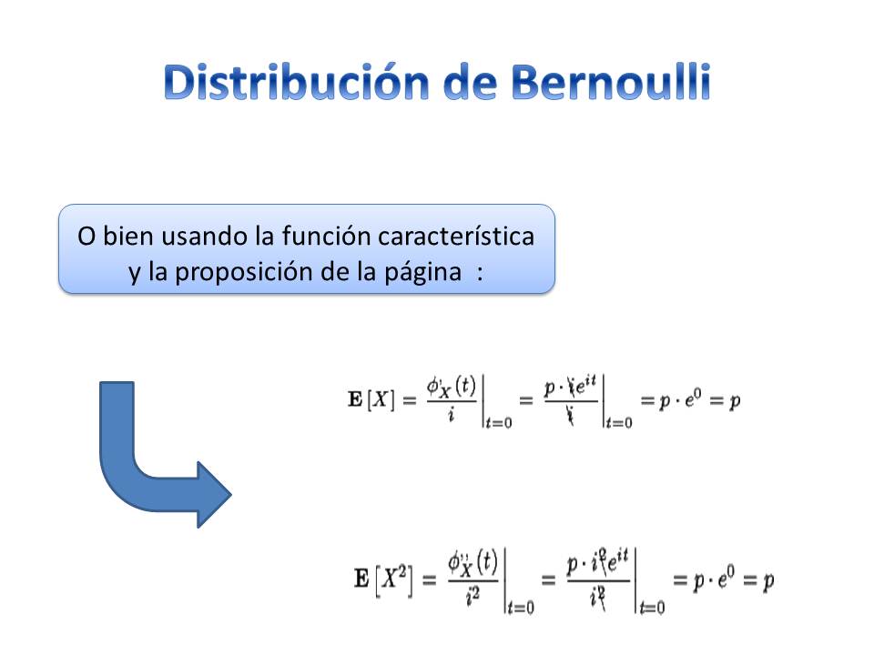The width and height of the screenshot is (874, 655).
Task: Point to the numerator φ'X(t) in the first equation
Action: tap(452, 386)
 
